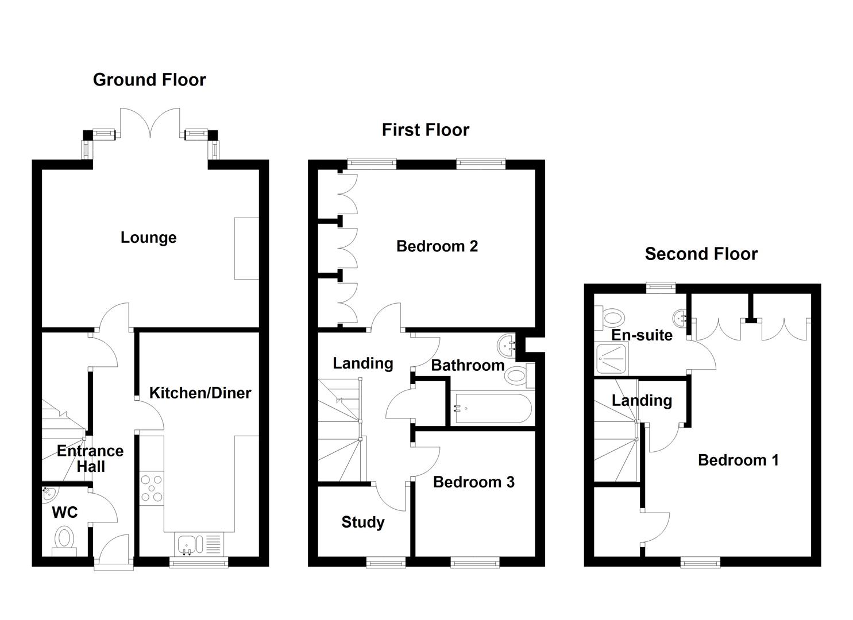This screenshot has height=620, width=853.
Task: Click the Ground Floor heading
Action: pyautogui.click(x=149, y=80)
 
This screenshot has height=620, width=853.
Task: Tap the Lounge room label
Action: pyautogui.click(x=148, y=238)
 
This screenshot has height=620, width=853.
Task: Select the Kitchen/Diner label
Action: pyautogui.click(x=200, y=393)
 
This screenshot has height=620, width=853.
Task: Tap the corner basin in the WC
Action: pyautogui.click(x=48, y=493)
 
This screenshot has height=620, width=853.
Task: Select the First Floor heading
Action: pyautogui.click(x=425, y=130)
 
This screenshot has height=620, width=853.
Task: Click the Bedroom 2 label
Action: pyautogui.click(x=437, y=246)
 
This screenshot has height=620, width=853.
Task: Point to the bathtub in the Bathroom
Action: pyautogui.click(x=491, y=409)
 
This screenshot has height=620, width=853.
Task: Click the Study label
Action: pyautogui.click(x=362, y=522)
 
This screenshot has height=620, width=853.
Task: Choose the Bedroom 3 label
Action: pyautogui.click(x=473, y=482)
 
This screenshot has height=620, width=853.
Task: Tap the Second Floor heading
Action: pyautogui.click(x=701, y=254)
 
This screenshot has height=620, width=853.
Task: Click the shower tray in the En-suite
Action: pyautogui.click(x=612, y=359)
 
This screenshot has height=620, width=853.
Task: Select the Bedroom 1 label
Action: pyautogui.click(x=738, y=460)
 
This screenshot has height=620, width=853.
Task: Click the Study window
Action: pyautogui.click(x=386, y=563)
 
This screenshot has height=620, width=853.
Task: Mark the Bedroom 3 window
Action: pyautogui.click(x=474, y=563)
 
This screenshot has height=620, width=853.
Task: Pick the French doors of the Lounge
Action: pyautogui.click(x=150, y=123)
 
